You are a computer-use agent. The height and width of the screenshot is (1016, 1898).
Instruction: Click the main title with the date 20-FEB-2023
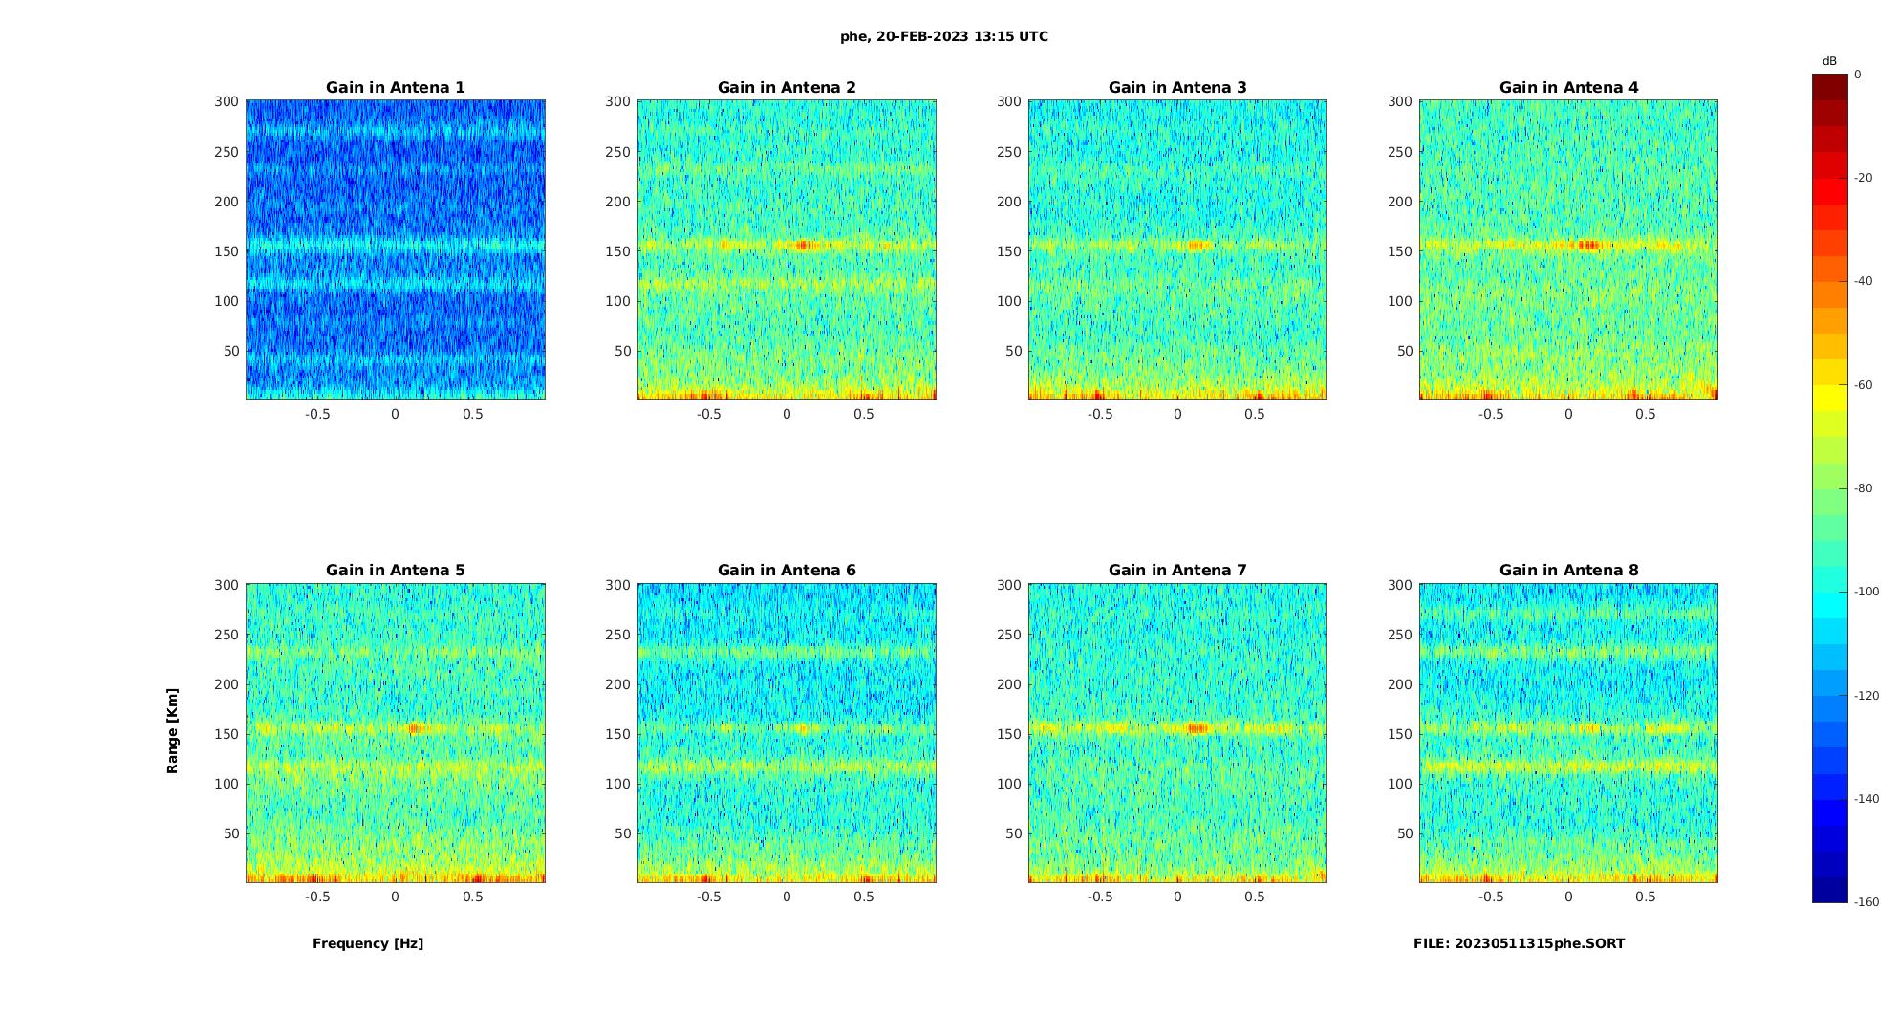pos(943,36)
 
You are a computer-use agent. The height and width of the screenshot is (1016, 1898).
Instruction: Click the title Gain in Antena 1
pos(396,87)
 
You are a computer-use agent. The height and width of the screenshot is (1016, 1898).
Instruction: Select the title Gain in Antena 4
pos(1568,87)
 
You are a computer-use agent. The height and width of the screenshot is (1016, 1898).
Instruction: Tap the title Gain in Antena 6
pos(787,570)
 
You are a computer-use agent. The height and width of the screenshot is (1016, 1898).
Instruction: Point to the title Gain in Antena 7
pos(1177,570)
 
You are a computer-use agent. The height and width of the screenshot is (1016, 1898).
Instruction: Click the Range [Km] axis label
pos(172,730)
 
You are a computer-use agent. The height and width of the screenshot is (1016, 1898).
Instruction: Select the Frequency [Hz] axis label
pos(368,943)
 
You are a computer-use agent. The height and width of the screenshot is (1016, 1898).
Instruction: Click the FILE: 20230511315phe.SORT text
pos(1519,943)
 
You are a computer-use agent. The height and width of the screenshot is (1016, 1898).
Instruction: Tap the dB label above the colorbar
pos(1829,61)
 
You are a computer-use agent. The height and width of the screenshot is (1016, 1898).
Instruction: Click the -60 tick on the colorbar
pos(1864,385)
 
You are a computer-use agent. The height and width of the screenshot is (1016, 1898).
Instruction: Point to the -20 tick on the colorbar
pos(1864,178)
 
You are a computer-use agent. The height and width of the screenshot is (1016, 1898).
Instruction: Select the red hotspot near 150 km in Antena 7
pos(1197,728)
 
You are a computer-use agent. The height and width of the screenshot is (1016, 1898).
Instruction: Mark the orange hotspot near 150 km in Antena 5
pos(415,728)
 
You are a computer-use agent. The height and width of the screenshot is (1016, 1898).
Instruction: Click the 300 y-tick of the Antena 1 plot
pos(226,101)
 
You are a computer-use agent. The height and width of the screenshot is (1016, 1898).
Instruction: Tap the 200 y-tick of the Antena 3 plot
pos(1009,201)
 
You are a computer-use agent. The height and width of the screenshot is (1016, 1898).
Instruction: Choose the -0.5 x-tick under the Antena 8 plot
pos(1491,897)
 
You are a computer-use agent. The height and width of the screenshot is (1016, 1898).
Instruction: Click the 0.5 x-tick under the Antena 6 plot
pos(864,897)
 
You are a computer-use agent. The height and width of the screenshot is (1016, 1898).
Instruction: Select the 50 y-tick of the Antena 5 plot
pos(231,833)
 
